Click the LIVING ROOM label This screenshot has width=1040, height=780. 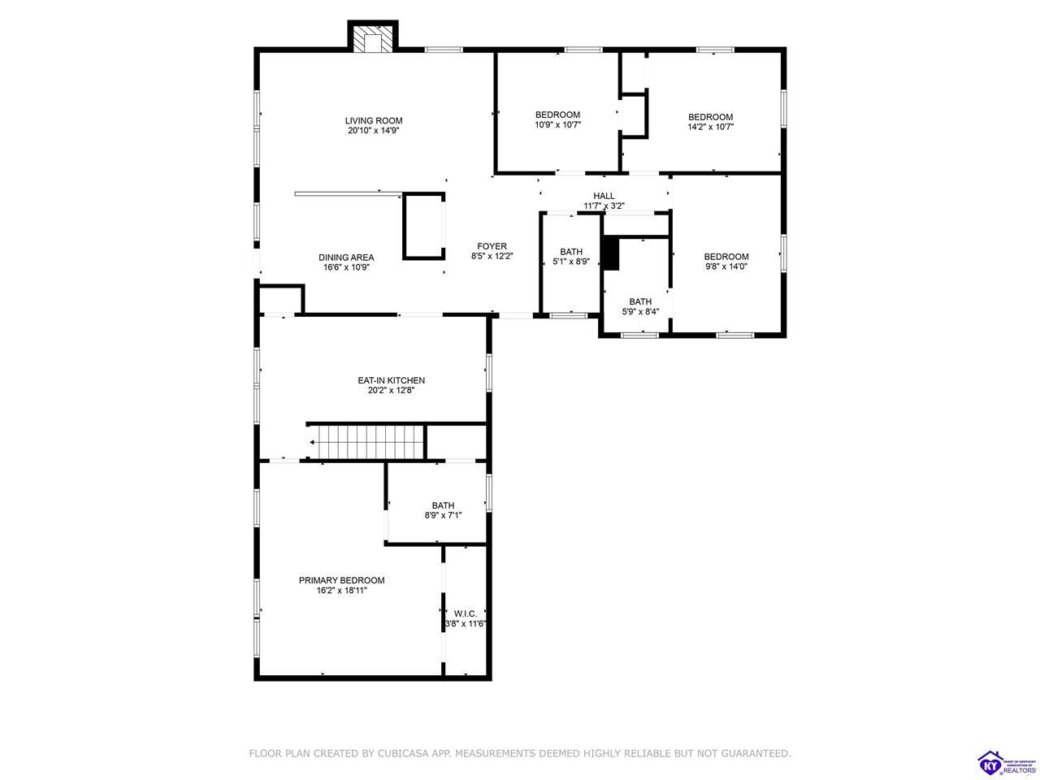click(374, 121)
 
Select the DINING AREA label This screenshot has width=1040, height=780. click(346, 258)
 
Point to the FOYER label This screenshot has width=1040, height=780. click(492, 246)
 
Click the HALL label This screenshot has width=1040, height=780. click(604, 196)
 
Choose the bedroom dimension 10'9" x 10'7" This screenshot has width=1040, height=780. click(557, 125)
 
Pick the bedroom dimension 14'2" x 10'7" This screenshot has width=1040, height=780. click(710, 127)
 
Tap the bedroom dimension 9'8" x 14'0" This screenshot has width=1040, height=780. click(726, 266)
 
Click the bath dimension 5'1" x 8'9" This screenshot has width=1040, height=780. click(571, 261)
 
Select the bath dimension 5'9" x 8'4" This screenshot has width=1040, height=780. click(640, 311)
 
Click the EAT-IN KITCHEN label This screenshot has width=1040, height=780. click(391, 380)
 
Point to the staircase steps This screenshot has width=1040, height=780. click(370, 442)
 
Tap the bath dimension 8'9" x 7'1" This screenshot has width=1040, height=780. click(443, 515)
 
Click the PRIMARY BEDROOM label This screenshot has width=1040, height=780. click(341, 580)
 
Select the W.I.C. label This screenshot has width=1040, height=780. click(466, 613)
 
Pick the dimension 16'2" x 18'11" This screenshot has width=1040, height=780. click(341, 591)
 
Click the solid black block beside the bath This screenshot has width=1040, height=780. click(611, 253)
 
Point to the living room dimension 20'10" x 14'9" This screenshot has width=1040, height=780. click(374, 131)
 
